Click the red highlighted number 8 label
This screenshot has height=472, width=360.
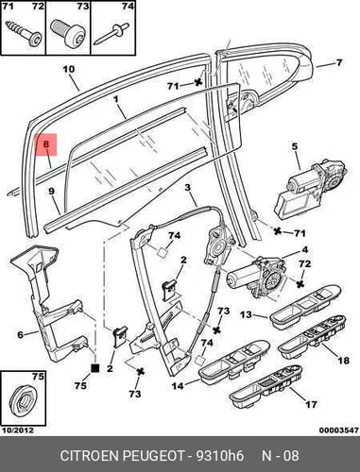[46, 144]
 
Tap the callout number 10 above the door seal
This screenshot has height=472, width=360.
[69, 69]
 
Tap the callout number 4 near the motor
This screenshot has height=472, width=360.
[304, 250]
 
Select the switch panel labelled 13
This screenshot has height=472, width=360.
[304, 307]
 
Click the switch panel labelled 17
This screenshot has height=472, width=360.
[267, 390]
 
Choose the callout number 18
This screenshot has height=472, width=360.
[343, 360]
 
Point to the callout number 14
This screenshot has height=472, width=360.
[178, 385]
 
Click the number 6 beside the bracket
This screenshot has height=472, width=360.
[21, 334]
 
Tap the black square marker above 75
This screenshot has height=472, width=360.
[94, 368]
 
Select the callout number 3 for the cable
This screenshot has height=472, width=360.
[188, 188]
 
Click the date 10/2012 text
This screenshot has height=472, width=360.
[18, 430]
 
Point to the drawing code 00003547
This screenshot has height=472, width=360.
[338, 430]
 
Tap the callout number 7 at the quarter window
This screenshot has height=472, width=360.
[339, 62]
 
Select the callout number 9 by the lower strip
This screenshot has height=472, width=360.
[51, 191]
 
